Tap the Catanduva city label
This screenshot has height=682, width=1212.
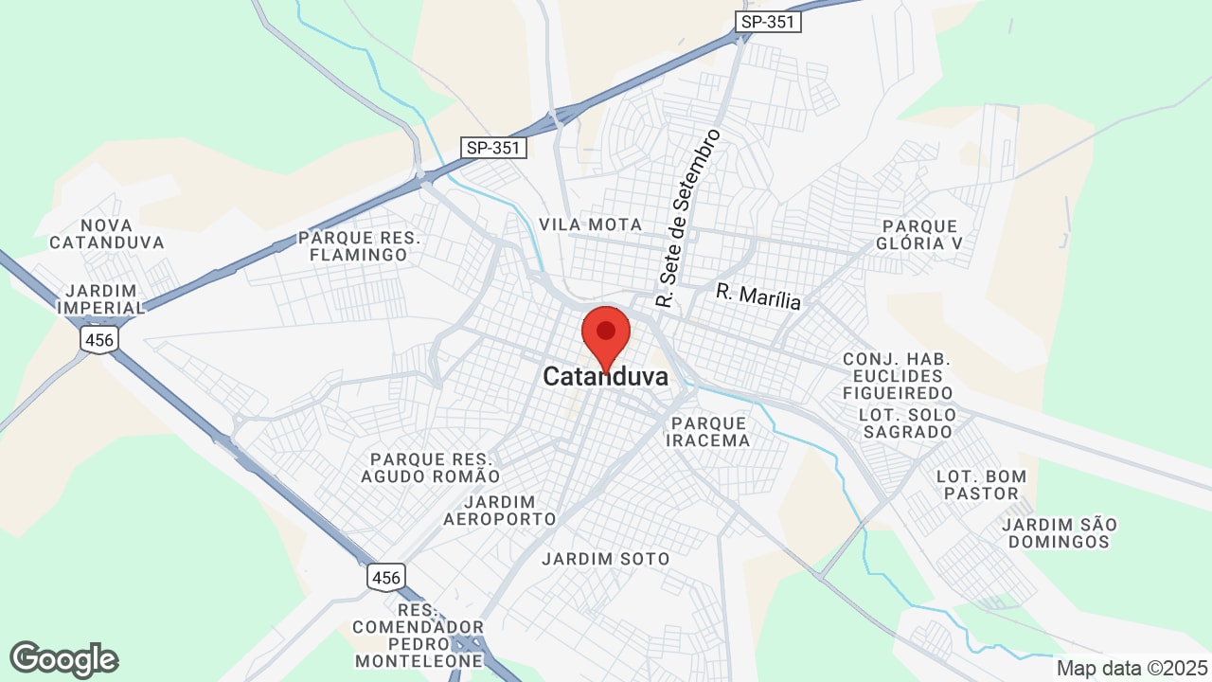[x=605, y=377]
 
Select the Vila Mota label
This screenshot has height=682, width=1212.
[x=590, y=224]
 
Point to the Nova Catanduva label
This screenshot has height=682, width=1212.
[x=107, y=234]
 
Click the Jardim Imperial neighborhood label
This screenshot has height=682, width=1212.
[x=100, y=298]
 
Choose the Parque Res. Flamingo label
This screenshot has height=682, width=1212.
[x=359, y=246]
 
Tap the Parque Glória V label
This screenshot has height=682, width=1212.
[x=920, y=235]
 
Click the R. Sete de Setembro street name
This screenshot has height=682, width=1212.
[x=689, y=219]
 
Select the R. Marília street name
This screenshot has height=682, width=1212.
[x=758, y=296]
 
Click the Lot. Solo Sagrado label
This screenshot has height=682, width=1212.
[x=905, y=423]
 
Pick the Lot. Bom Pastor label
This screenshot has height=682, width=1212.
[x=981, y=484]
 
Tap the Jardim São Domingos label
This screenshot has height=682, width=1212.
[x=1059, y=532]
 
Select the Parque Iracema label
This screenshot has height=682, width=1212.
[x=708, y=431]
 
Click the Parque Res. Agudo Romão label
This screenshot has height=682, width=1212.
[x=436, y=467]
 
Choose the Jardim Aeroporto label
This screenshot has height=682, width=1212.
[x=500, y=511]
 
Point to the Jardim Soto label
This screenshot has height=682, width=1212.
[x=605, y=559]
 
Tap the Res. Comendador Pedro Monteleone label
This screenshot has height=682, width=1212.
[x=418, y=635]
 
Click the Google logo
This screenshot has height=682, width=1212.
[x=64, y=659]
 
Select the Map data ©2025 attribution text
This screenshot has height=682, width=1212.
[x=1132, y=668]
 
